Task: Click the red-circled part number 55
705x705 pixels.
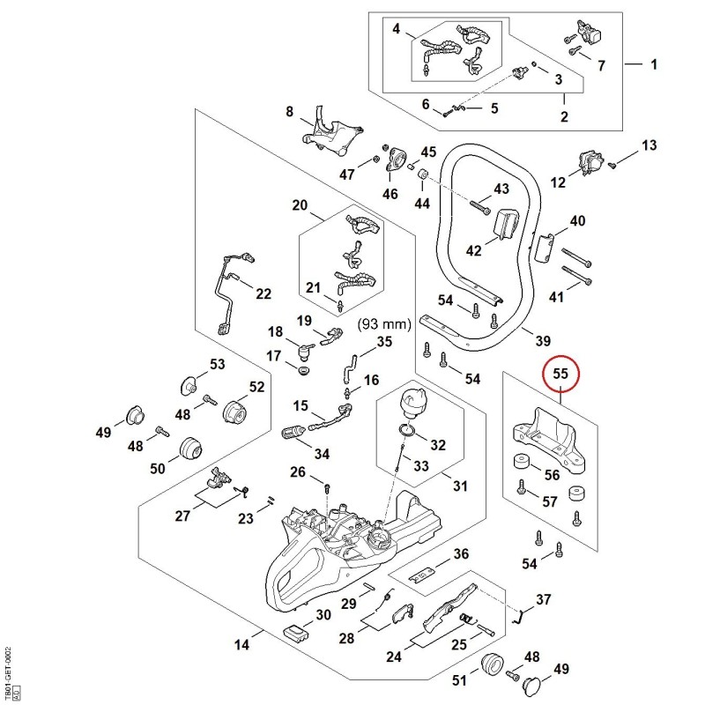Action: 560,374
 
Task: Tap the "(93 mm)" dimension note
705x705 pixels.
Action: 384,324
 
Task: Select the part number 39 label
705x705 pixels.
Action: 543,341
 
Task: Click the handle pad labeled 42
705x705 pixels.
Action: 506,224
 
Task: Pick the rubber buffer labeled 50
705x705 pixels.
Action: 190,449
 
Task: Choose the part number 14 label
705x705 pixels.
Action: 241,645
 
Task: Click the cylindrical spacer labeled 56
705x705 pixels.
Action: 521,462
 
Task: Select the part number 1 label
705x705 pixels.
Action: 654,64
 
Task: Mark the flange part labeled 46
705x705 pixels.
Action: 394,160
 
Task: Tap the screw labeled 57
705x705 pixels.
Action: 521,487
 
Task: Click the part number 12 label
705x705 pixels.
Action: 558,182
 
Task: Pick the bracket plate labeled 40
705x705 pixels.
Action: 545,248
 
